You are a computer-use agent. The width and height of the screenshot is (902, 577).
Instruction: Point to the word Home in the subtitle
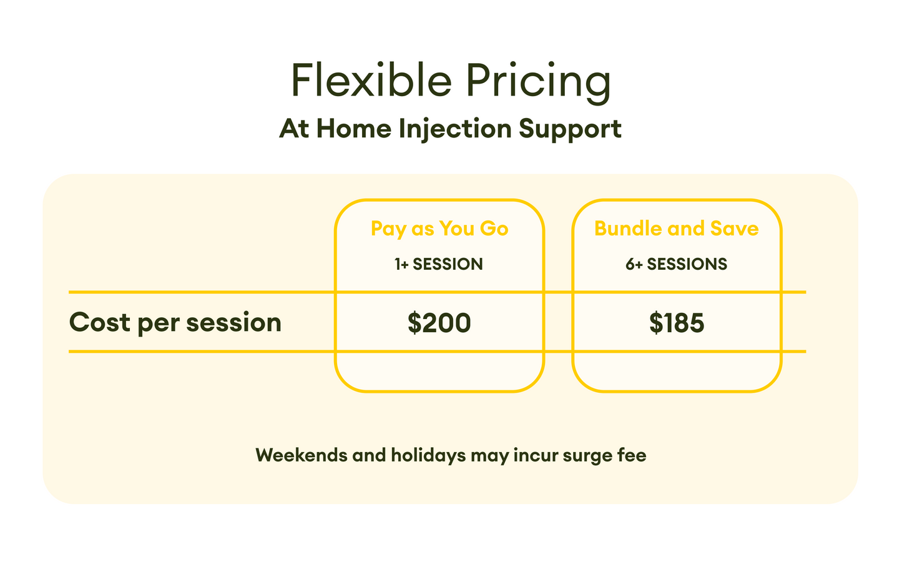[x=354, y=129]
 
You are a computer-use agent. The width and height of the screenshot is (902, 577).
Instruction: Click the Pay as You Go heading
[x=439, y=229]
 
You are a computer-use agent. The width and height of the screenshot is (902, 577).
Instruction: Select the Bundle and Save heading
[x=676, y=229]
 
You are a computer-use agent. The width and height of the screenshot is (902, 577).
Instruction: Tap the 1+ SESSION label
[x=439, y=264]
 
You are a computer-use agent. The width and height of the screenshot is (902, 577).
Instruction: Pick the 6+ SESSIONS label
[x=676, y=264]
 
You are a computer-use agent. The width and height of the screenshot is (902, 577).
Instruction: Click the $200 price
[x=439, y=323]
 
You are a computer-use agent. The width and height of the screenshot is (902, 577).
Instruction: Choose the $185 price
[x=676, y=323]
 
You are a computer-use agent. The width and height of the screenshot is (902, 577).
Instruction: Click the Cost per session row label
[x=175, y=323]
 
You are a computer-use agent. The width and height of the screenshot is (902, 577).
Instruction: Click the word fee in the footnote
[x=632, y=455]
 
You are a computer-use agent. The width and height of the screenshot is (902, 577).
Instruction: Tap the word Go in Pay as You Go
[x=494, y=229]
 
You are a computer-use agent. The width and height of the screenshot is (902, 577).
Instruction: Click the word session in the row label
[x=233, y=323]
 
